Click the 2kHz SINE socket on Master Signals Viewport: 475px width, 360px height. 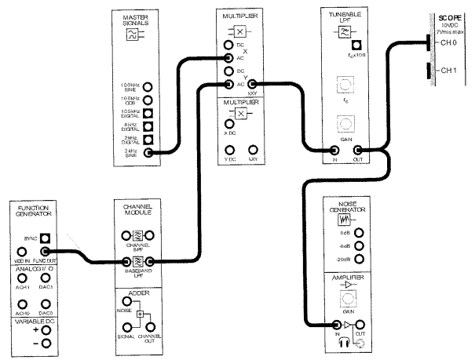(x=148, y=154)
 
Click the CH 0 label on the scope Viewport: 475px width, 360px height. (x=448, y=44)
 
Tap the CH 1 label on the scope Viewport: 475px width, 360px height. (x=448, y=71)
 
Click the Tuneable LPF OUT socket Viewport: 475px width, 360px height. (x=358, y=149)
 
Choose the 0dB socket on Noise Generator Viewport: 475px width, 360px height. (x=359, y=232)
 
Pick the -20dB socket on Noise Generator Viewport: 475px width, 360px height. (x=359, y=260)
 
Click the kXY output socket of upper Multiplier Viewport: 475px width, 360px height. (x=252, y=83)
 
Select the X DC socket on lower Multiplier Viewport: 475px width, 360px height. (x=229, y=123)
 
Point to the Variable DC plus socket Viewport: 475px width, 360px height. (x=46, y=330)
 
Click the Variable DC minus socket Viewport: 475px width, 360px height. (x=46, y=344)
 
